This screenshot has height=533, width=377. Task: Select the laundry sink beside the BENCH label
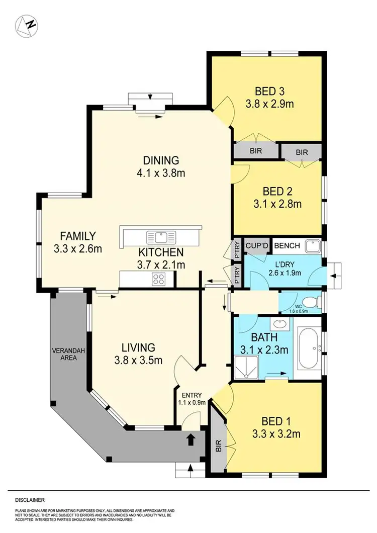(314, 246)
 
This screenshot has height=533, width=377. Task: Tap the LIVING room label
(138, 347)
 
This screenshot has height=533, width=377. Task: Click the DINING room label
(161, 161)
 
